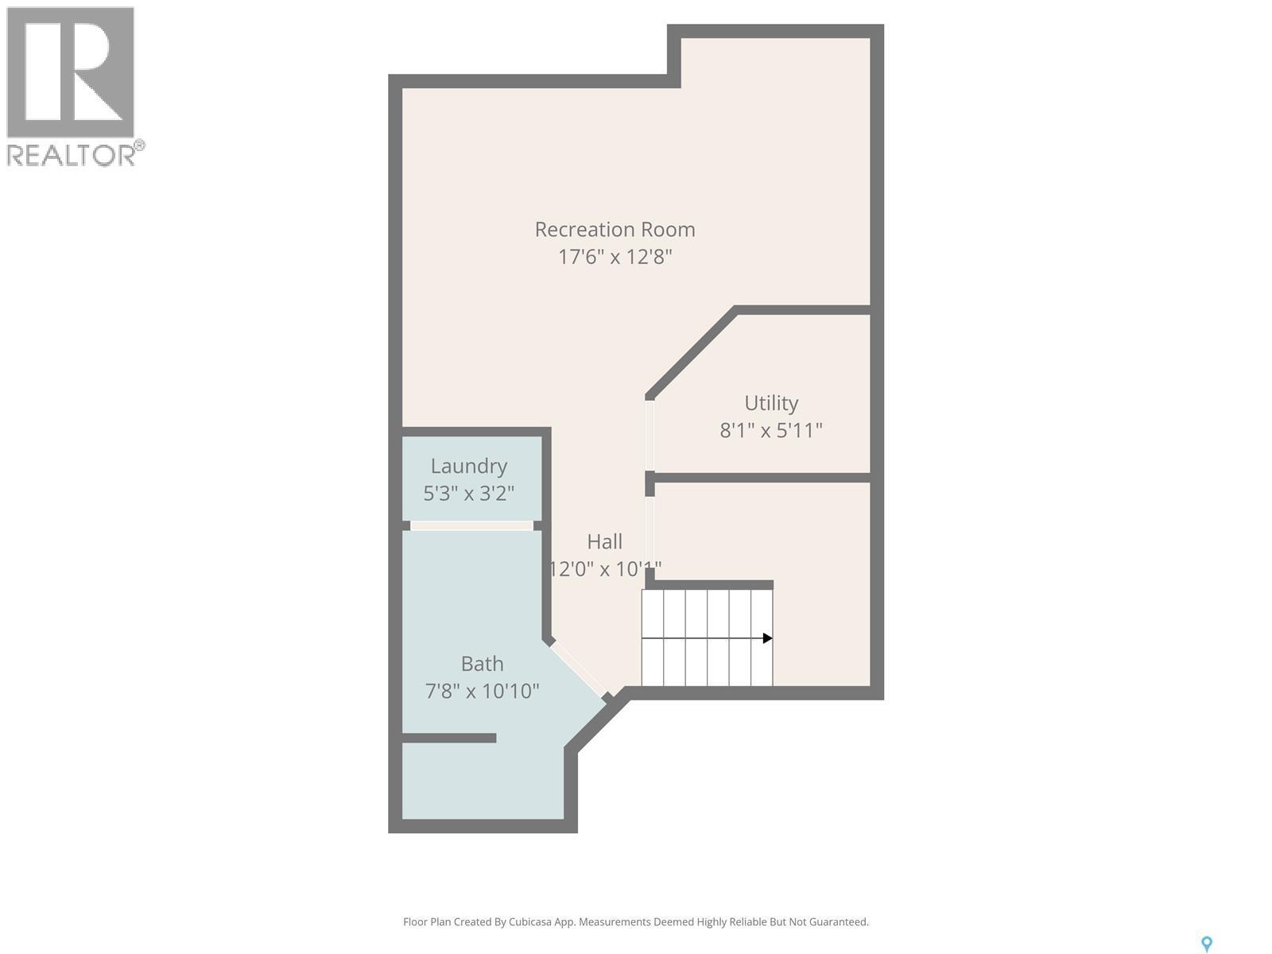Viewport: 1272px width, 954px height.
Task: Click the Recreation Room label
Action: point(615,230)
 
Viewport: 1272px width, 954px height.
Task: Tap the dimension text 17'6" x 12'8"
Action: point(615,257)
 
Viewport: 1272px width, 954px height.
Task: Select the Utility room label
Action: point(770,403)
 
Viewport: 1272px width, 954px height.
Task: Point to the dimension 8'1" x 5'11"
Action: point(770,430)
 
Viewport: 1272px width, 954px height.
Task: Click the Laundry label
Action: point(468,466)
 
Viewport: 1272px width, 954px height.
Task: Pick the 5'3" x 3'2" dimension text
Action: point(468,493)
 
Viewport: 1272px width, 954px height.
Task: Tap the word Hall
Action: point(604,541)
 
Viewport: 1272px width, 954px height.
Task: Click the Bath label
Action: point(482,663)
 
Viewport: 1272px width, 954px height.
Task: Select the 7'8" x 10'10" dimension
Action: point(482,691)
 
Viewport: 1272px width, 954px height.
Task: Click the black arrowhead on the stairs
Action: point(767,638)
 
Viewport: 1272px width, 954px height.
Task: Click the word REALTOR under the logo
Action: point(72,155)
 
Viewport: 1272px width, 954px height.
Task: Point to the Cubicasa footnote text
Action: point(635,922)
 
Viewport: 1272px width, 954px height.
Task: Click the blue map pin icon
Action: point(1206,944)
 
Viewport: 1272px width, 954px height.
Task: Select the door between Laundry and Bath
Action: point(471,525)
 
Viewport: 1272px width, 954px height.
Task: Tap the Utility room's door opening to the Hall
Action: point(650,436)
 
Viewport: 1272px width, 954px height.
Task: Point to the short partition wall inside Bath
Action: point(449,739)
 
